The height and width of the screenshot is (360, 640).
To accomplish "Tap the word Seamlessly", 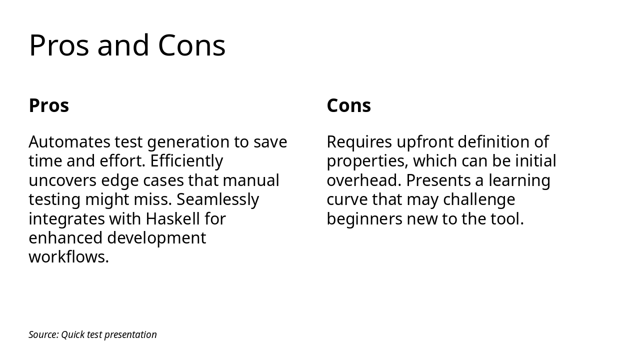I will [x=217, y=199].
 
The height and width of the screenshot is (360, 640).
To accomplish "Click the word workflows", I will [x=68, y=257].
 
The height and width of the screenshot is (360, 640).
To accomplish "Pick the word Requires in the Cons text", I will [x=359, y=142].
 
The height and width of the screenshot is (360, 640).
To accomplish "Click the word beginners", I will [x=364, y=219].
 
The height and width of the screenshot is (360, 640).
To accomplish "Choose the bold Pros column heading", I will [x=48, y=105].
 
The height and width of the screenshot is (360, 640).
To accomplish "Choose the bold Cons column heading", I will [x=348, y=105].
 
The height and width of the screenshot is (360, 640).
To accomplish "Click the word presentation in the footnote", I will [x=130, y=334].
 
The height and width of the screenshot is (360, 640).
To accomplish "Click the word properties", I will [x=367, y=161].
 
